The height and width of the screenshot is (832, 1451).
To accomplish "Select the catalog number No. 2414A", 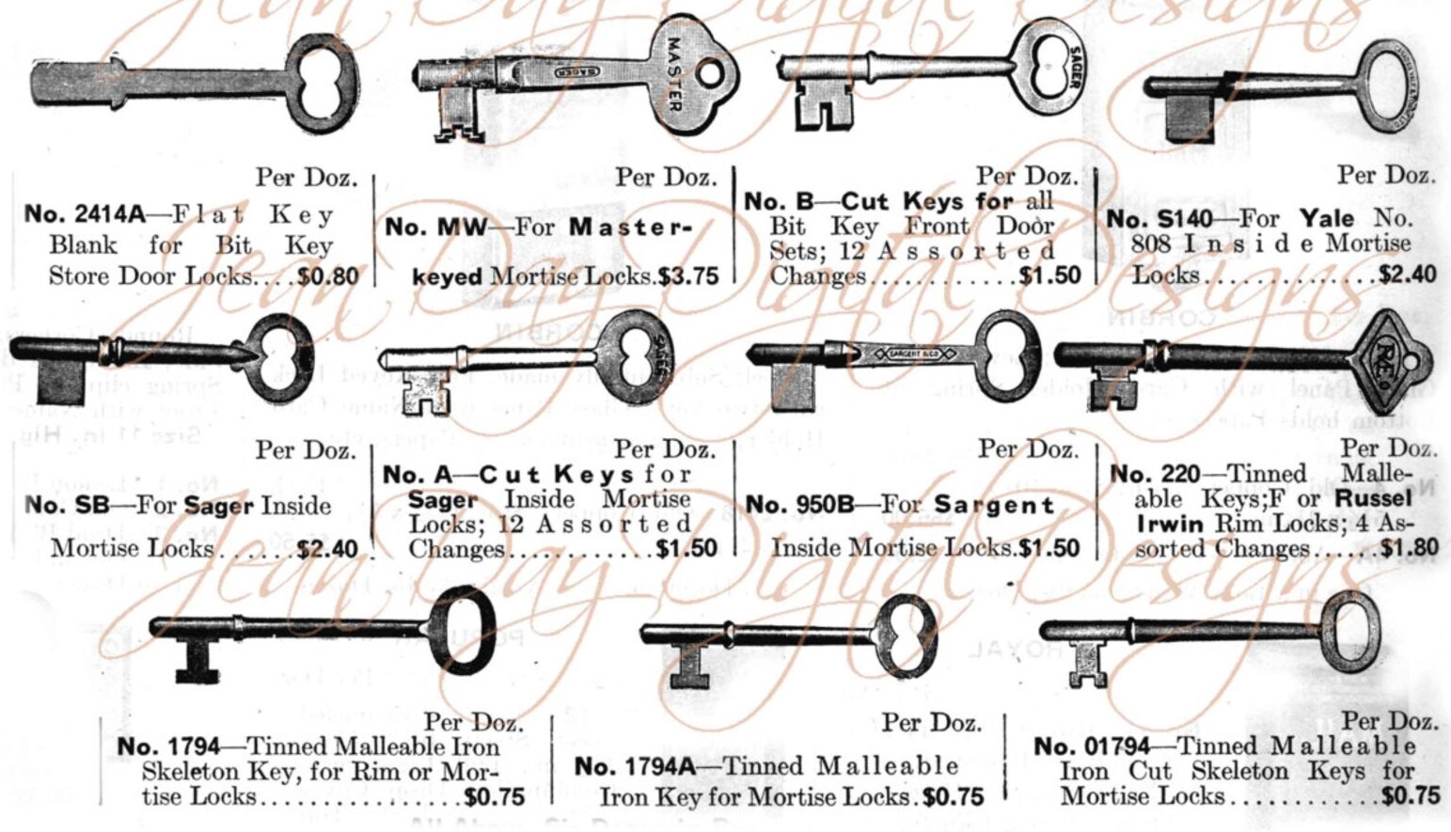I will point(85,214).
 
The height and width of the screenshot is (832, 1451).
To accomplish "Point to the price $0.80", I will point(328,276).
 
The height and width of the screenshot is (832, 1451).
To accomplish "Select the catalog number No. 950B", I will point(799,506).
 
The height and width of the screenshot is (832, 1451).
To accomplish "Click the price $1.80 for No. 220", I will point(1410,548).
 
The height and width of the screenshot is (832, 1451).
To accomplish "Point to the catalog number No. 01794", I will point(1092,746).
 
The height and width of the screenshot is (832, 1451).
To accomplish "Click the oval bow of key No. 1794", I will point(463,631).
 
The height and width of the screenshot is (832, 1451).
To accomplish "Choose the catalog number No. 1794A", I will point(635,767).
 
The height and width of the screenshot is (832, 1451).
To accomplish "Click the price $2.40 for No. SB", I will point(327,548).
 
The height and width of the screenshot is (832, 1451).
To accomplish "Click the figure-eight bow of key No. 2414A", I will point(321,82).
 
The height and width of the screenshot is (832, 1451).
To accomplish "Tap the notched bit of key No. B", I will point(826,104).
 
